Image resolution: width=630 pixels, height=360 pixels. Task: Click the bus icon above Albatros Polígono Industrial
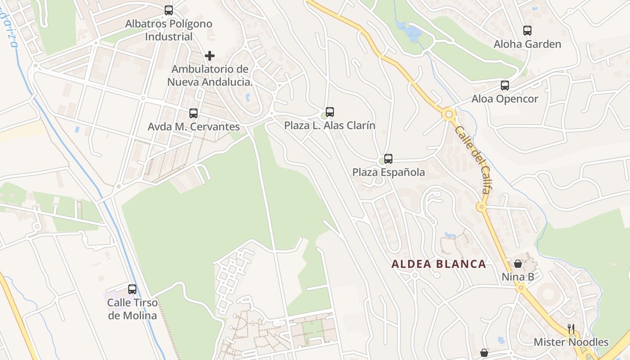169,10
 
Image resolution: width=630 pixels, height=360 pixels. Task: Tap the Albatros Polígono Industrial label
169,30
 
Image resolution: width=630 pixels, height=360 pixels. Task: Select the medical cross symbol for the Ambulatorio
210,56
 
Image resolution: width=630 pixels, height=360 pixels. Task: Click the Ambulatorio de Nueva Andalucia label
210,76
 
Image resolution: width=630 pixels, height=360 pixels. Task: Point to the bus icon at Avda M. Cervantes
193,113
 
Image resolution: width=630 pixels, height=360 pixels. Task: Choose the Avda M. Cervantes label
193,127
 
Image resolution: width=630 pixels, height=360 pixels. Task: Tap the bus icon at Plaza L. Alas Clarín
330,112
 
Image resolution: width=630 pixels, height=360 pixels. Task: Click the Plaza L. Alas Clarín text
330,126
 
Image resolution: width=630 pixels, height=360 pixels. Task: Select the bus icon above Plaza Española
388,158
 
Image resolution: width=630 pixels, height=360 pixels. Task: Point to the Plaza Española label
388,172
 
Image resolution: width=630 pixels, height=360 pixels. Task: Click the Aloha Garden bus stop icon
527,31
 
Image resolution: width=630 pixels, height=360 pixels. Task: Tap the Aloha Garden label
527,44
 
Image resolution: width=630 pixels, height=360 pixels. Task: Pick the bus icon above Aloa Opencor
505,85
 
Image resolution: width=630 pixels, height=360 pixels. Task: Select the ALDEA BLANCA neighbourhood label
439,264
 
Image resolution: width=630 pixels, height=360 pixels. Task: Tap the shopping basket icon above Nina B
518,263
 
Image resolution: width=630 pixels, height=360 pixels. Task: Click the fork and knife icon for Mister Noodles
571,329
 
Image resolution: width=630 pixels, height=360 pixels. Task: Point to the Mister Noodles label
571,342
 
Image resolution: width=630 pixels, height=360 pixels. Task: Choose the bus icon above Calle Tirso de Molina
132,289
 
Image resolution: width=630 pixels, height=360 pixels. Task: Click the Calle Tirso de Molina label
132,309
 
